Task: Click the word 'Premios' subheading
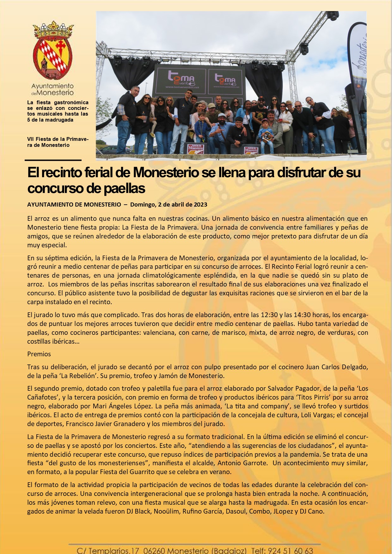(39, 354)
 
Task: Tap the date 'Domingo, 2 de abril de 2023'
(168, 204)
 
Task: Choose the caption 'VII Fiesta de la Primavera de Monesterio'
(58, 142)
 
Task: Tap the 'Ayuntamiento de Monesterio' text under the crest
(52, 89)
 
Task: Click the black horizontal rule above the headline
(53, 160)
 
